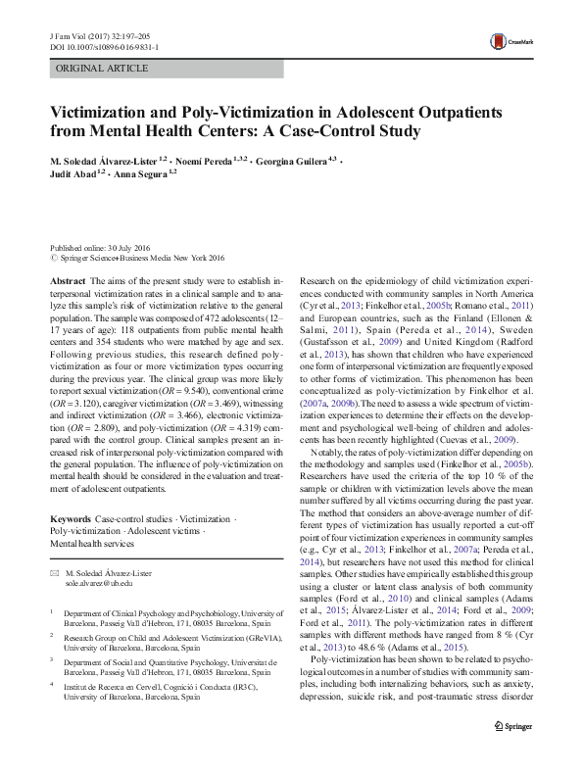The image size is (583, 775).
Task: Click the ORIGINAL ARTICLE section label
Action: [x=103, y=69]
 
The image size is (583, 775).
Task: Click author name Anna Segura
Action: [x=142, y=175]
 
